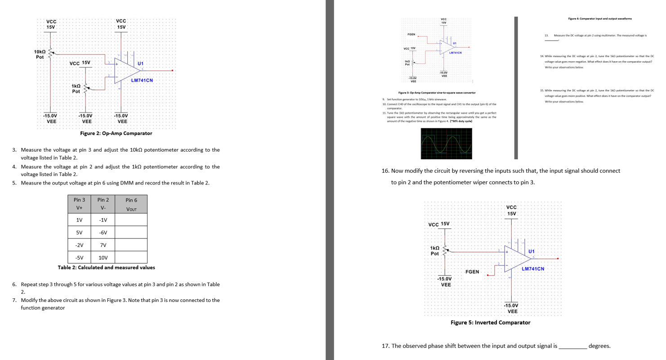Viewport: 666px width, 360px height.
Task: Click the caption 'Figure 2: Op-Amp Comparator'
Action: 116,133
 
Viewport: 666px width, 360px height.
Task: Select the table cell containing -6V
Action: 103,232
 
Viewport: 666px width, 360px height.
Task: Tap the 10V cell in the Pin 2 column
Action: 103,257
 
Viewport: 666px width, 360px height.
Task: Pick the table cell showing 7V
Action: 103,245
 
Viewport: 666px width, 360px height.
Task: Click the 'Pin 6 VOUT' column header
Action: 131,204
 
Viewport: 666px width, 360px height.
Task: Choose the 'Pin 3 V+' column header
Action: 79,204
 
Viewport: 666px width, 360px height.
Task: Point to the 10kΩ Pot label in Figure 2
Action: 40,54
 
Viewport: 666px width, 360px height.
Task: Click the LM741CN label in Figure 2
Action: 142,81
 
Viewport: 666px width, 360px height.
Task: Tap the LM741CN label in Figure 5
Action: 533,269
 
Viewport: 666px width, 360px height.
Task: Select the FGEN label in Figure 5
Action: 472,272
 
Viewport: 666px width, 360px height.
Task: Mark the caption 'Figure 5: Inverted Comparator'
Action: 490,323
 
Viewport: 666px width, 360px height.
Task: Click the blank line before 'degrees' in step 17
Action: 572,346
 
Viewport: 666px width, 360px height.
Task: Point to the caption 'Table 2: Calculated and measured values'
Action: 107,267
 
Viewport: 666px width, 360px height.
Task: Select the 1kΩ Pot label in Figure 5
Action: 434,251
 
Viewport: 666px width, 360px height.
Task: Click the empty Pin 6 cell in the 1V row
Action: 131,220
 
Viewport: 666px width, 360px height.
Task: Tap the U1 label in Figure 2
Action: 141,63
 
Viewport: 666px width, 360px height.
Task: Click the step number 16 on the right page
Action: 385,171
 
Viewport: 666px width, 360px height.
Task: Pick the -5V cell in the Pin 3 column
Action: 79,257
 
